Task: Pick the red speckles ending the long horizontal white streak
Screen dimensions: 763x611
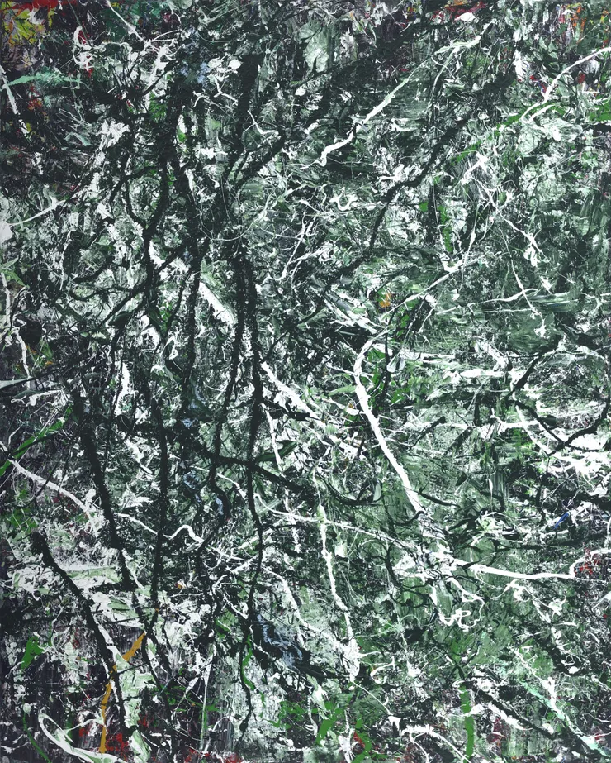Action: (588, 565)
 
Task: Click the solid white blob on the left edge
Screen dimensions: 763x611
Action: (4, 232)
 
